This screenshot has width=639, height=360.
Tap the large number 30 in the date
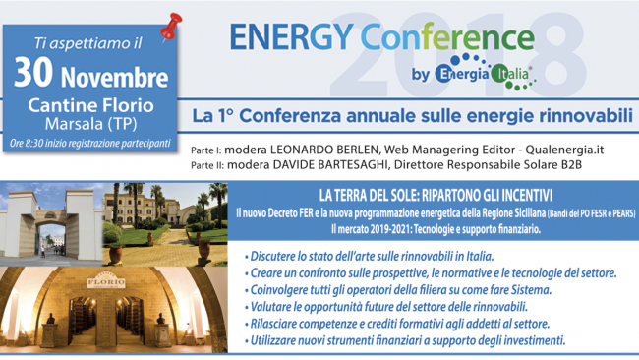pos(34,73)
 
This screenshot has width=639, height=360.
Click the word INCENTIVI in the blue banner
pos(517,193)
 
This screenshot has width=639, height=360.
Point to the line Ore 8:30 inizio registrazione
pos(88,145)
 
